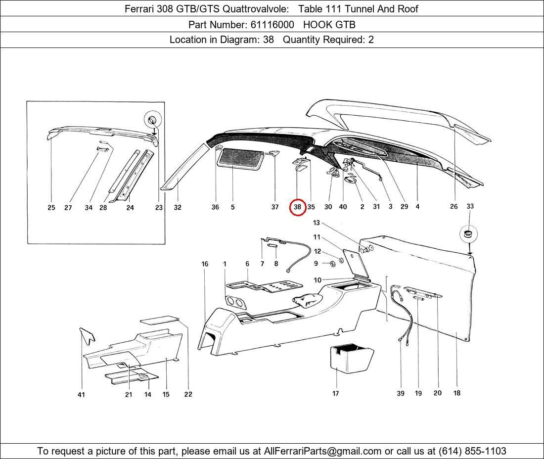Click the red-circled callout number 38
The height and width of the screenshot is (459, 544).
coord(297,207)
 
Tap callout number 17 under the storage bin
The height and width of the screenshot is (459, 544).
coord(335,393)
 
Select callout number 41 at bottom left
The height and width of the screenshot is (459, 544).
coord(81,395)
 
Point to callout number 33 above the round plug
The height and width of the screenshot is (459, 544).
coord(470,206)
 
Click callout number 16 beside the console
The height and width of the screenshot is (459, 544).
coord(205,264)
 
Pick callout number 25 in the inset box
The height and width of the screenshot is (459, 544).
coord(51,207)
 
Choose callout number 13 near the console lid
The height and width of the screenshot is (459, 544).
coord(317,223)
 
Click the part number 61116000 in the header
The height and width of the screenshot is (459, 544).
coord(272,25)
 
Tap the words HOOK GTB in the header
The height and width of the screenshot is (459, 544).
coord(329,25)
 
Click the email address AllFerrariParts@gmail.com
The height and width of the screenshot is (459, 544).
coord(322,451)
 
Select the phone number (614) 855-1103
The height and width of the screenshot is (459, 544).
coord(472,451)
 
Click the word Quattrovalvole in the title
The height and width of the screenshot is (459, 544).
coord(255,9)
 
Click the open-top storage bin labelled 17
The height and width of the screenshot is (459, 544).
coord(351,358)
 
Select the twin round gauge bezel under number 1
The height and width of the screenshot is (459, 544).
coord(235,303)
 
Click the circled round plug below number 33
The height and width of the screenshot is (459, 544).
coord(469,233)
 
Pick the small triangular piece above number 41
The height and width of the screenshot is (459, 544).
coord(87,335)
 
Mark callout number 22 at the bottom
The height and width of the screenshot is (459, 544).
coord(188,394)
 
